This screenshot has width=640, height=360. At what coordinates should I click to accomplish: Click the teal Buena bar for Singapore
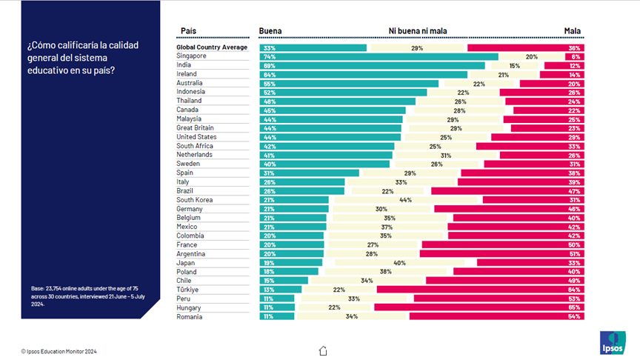379,57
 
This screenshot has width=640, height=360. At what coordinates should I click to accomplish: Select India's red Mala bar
564,66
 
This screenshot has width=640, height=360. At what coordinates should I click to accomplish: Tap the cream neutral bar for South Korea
406,200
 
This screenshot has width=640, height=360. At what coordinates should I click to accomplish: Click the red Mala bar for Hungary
479,307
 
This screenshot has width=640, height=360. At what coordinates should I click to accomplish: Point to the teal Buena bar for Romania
277,316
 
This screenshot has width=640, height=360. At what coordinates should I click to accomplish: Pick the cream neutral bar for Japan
399,263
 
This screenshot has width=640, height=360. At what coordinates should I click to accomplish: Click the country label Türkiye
187,290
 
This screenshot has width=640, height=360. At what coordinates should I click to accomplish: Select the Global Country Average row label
212,47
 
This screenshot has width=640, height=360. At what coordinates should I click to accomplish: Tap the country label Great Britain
195,127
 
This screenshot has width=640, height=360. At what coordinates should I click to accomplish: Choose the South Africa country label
195,146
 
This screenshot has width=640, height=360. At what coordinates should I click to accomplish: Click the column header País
188,31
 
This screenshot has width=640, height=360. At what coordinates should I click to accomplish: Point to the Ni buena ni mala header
418,31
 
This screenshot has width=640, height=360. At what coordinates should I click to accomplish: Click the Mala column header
573,31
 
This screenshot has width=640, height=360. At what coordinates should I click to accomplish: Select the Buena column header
270,31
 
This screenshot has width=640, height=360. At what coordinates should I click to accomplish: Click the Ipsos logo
613,342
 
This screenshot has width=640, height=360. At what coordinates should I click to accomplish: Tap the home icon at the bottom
323,350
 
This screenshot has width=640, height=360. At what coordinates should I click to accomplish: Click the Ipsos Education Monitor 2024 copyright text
59,351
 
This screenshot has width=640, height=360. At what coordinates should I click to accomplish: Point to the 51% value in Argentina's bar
574,254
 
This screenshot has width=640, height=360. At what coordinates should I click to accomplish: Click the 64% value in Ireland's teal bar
270,75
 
